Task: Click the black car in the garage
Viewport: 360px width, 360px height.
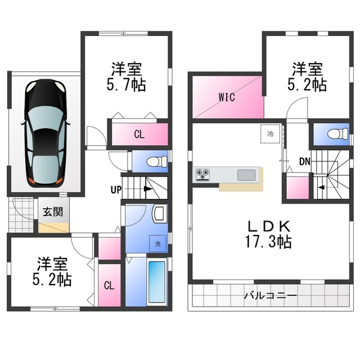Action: [x=46, y=133]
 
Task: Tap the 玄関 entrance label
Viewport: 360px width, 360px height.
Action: [x=53, y=211]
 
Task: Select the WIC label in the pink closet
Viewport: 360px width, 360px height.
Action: [x=227, y=97]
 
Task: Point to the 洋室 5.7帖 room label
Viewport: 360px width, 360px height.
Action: [x=126, y=76]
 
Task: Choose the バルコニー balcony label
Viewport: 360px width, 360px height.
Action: [x=271, y=295]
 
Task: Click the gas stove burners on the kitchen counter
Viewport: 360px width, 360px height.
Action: [x=202, y=174]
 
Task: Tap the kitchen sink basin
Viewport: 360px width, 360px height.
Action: [x=246, y=175]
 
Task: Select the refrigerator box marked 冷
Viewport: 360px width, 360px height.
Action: [x=270, y=134]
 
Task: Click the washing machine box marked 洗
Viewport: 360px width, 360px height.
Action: [x=157, y=244]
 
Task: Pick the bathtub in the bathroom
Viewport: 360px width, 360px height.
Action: [x=157, y=282]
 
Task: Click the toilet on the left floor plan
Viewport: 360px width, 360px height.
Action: [x=157, y=161]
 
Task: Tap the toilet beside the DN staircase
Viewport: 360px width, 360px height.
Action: [x=338, y=134]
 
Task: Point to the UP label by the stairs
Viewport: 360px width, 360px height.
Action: [x=116, y=190]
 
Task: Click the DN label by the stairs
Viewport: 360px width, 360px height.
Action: [x=305, y=162]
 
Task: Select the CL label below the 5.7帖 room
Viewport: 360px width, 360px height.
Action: [x=139, y=134]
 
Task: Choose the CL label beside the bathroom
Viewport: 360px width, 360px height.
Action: [x=109, y=286]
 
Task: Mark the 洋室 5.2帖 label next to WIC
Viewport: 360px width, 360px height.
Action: [x=307, y=76]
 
